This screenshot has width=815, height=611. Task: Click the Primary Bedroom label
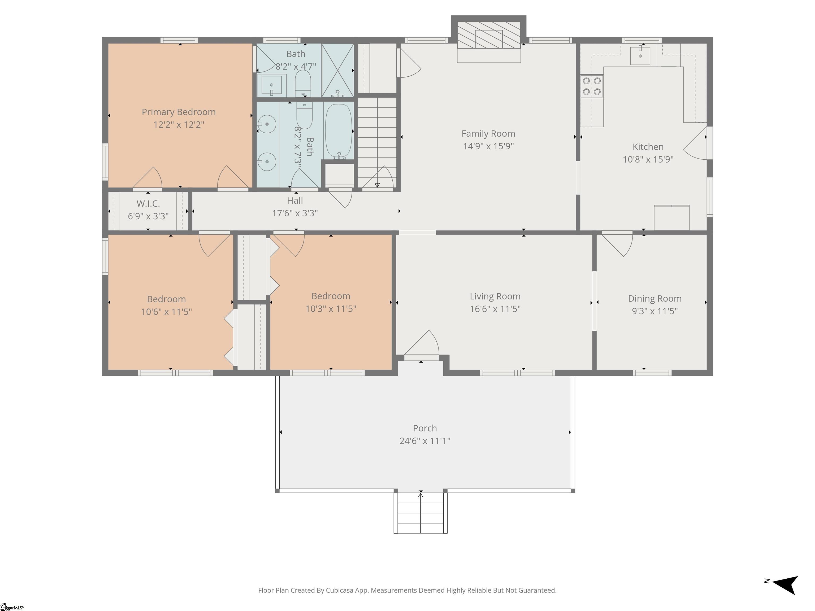tap(179, 112)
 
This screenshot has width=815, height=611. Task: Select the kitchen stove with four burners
tap(592, 86)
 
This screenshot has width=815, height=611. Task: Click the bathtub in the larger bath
tap(338, 131)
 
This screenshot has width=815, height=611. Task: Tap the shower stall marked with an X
tap(337, 70)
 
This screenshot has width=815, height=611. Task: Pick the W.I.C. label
tap(148, 204)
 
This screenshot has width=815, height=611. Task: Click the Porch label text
tap(425, 428)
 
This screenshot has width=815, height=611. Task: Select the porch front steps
tap(420, 513)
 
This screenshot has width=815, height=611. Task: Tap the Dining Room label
tap(655, 299)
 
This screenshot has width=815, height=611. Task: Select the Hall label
tap(295, 201)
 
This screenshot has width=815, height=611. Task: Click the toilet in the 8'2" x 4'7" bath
tap(303, 83)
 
